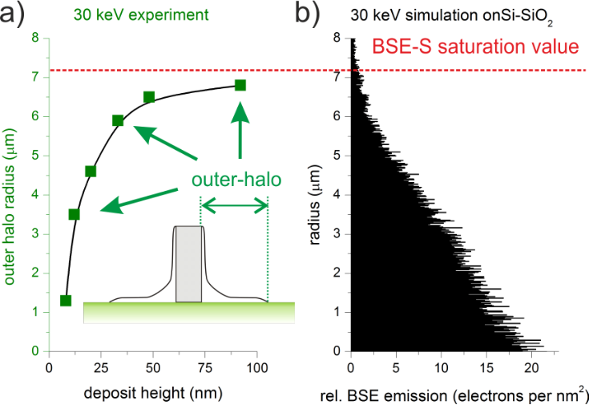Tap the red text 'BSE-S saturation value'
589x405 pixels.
[474, 47]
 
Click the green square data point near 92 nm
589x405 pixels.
[240, 85]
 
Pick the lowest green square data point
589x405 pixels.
[66, 301]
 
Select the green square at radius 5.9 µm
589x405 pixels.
[118, 120]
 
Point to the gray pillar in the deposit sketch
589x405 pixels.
[189, 264]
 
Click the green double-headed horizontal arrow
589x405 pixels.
[234, 208]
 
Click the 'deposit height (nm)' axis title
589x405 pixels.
[149, 393]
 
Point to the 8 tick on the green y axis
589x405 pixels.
[36, 38]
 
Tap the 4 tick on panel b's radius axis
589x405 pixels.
[339, 195]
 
